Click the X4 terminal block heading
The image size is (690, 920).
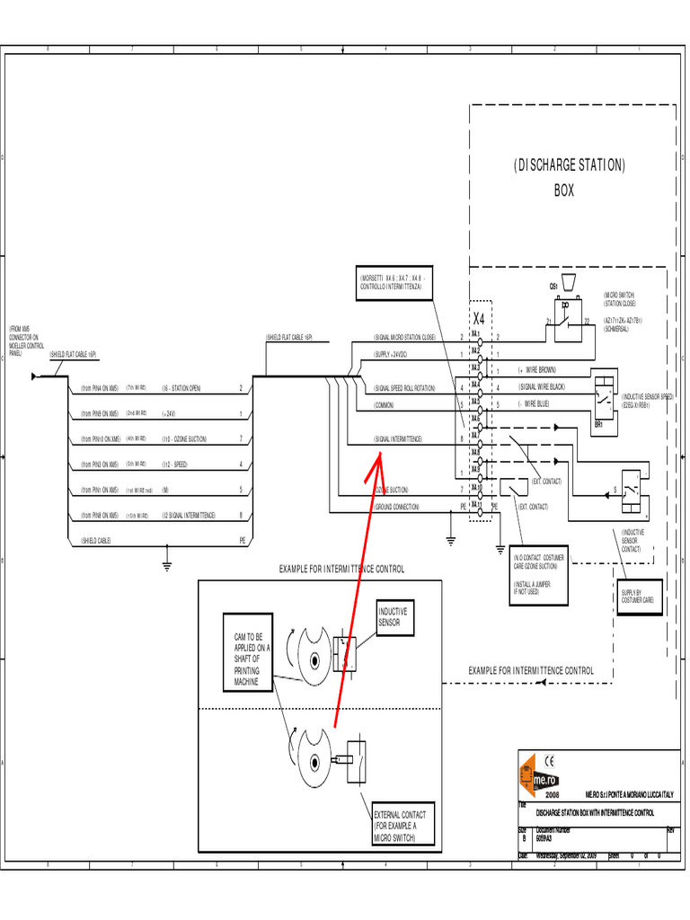[x=478, y=319]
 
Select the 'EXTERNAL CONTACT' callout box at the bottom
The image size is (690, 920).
[x=402, y=826]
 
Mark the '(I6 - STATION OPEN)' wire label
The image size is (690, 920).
[x=181, y=388]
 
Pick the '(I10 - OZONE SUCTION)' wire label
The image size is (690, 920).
[x=184, y=439]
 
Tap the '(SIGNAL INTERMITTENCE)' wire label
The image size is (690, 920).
[x=398, y=439]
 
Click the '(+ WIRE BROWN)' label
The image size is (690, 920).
[x=536, y=370]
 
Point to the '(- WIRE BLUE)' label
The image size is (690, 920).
[x=535, y=404]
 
